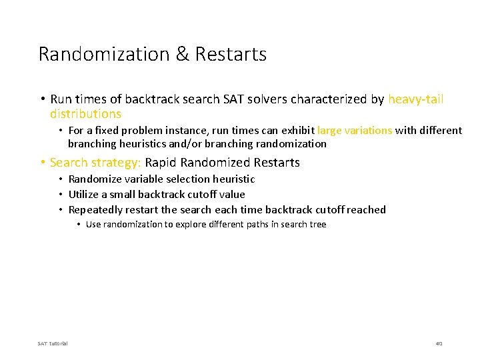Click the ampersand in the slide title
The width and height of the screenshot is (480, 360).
coord(182,54)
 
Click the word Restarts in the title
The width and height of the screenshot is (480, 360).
coord(231,54)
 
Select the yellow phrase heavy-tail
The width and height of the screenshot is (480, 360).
coord(416,99)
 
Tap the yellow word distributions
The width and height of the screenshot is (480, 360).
coord(85,114)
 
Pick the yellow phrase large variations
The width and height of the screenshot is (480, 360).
coord(355,131)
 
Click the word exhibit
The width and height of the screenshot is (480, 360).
coord(298,131)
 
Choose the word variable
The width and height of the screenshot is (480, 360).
coord(143,179)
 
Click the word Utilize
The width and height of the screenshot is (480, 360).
coord(85,194)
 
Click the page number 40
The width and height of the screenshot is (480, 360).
coord(439,343)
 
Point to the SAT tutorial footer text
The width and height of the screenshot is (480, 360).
coord(53,343)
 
